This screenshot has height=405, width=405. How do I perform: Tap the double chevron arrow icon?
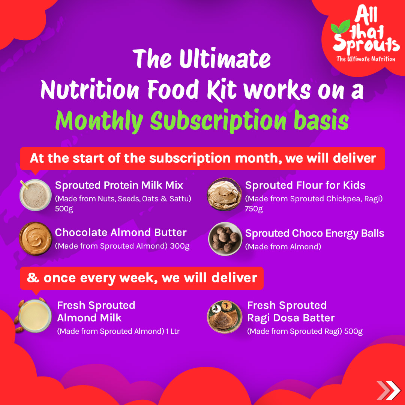coord(388,390)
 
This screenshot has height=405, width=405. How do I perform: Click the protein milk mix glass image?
coord(35,195)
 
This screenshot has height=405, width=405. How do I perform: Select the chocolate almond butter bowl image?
coord(35,238)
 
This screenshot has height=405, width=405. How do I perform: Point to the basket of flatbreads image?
coord(225,194)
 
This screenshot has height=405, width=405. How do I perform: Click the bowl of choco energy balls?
coord(225,239)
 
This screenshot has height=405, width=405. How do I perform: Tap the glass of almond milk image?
coord(33,316)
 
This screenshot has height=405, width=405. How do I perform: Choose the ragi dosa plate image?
coord(225,316)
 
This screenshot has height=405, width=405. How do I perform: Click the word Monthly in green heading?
coord(99,121)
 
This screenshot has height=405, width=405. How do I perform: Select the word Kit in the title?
coord(222,89)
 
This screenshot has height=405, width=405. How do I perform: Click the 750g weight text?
coord(253,208)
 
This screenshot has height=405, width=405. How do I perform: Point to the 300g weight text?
coord(180,246)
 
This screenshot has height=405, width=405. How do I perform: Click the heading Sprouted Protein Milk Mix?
coord(119,185)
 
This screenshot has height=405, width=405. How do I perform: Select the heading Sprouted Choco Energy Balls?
coord(315,233)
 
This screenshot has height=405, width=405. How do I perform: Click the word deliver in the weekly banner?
coord(234,278)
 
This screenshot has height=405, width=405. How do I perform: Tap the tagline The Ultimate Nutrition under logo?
coord(366,59)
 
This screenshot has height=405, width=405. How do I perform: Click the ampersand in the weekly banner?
coord(33,278)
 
